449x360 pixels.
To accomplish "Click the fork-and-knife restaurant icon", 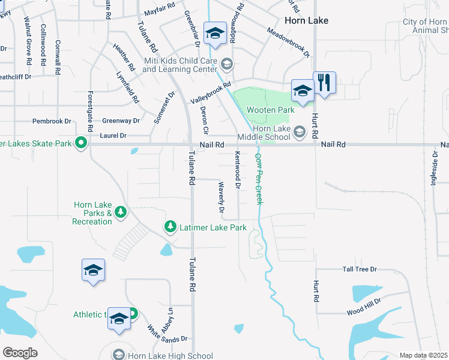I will pyautogui.click(x=324, y=82).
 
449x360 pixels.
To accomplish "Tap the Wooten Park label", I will pyautogui.click(x=270, y=110).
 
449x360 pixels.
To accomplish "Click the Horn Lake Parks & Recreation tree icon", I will pyautogui.click(x=121, y=211).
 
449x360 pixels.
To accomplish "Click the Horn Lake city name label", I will pyautogui.click(x=306, y=20).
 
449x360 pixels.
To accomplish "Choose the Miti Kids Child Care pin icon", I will pyautogui.click(x=227, y=63).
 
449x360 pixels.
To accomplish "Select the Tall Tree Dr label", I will pyautogui.click(x=360, y=269).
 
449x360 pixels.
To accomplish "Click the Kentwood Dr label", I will pyautogui.click(x=238, y=171).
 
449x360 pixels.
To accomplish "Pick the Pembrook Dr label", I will pyautogui.click(x=52, y=121).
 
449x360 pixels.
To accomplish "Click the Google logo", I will pyautogui.click(x=20, y=353).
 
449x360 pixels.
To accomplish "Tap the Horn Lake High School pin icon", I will pyautogui.click(x=119, y=355).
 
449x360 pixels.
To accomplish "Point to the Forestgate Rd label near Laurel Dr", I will pyautogui.click(x=90, y=112).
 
